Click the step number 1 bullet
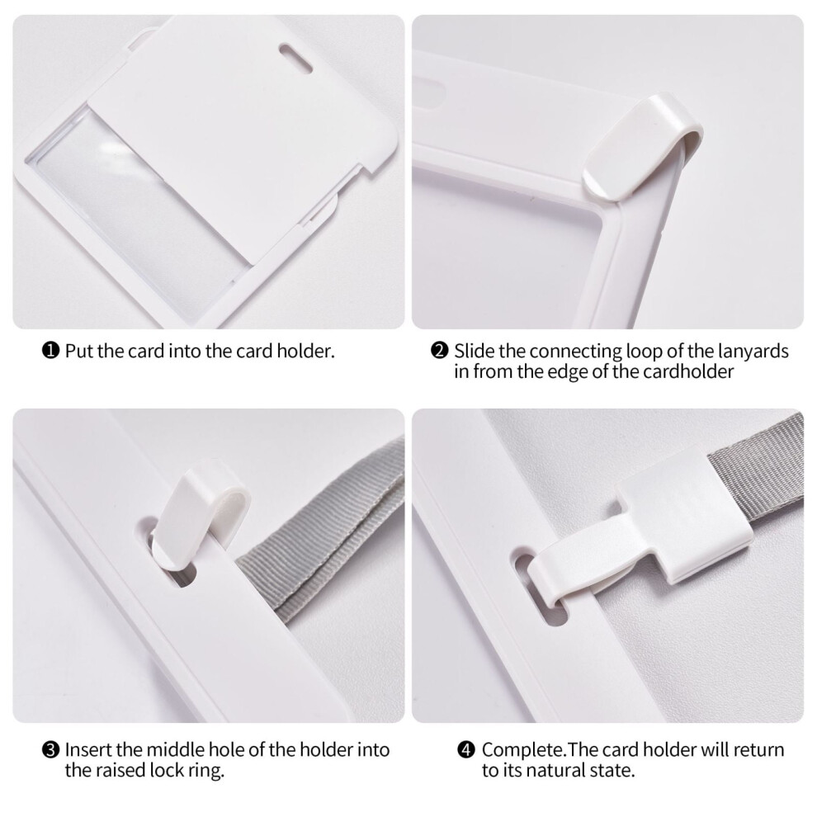[x=50, y=351]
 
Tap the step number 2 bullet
[x=440, y=351]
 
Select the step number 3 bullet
[x=50, y=750]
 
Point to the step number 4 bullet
[x=466, y=750]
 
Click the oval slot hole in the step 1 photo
[x=295, y=58]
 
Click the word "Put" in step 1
[x=78, y=352]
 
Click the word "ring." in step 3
[x=206, y=771]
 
